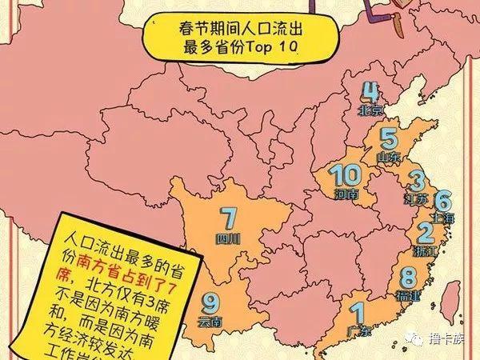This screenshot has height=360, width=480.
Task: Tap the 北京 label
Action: coord(372,109)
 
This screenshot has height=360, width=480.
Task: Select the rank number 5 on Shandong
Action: coord(389,138)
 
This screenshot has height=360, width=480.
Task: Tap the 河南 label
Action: coord(346,194)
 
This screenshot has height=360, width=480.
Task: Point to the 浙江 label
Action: coord(425,251)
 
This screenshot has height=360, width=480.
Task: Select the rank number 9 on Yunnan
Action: coord(210,303)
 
